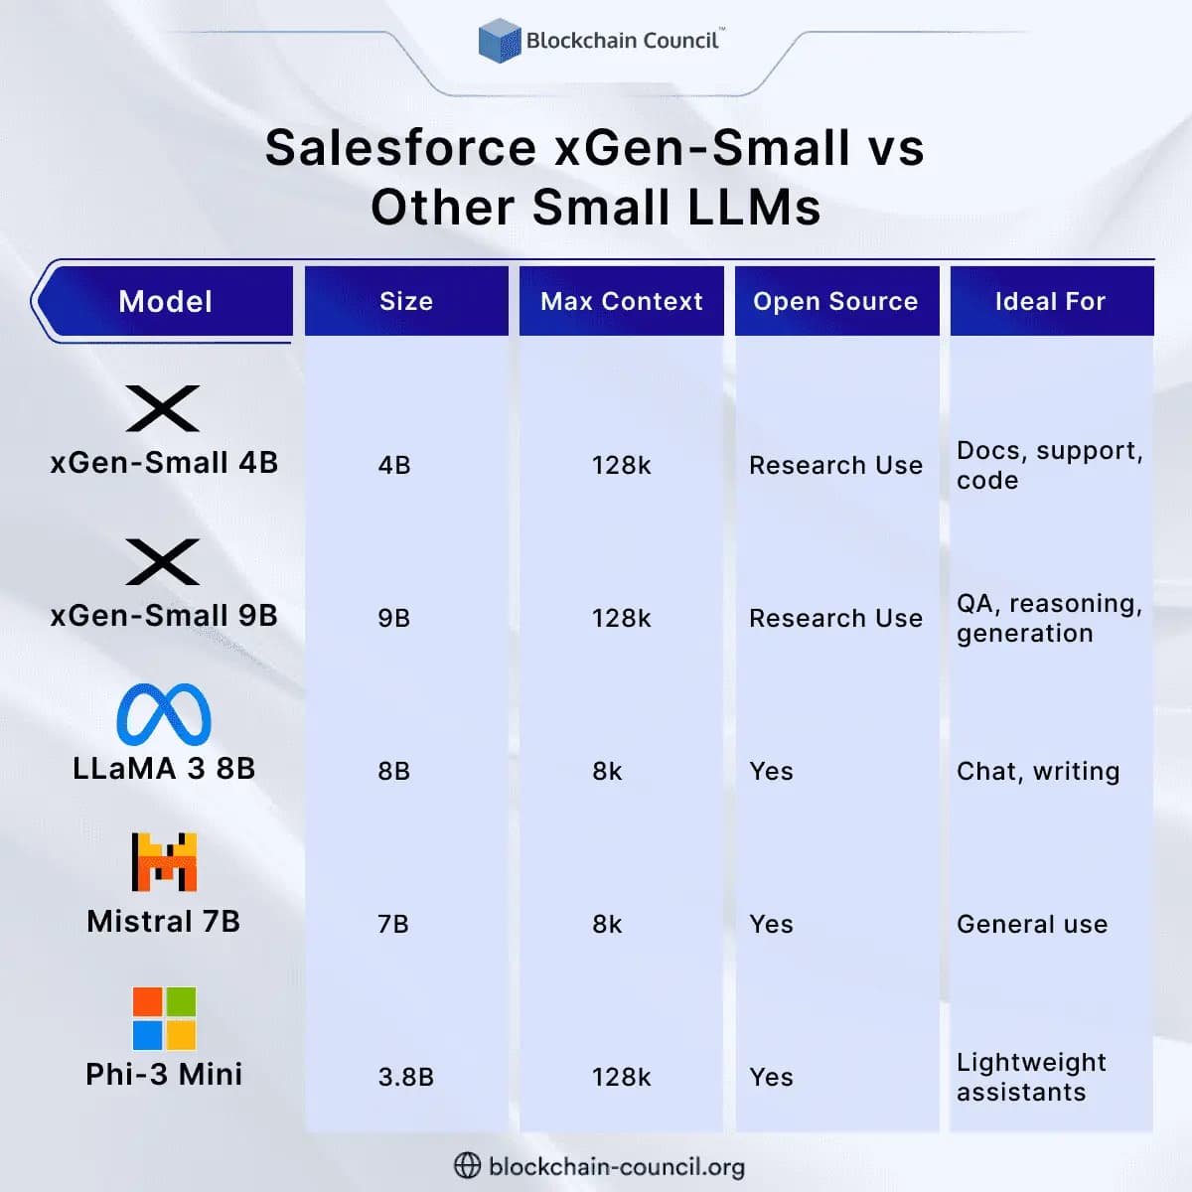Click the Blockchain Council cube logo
pos(499,41)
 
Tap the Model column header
pos(165,301)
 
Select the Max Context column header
pos(621,301)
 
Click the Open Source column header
pos(835,301)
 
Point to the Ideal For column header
pos(1050,301)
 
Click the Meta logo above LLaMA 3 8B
pos(164,714)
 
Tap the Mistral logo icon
pos(164,861)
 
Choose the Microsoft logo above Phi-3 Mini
pos(164,1018)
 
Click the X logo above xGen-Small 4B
pos(163,408)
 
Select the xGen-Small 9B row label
pos(164,616)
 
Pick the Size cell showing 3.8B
pos(405,1077)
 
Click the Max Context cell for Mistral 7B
pos(607,924)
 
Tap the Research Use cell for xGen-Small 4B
pos(835,465)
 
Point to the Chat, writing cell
pos(1038,771)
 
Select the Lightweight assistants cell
pos(1030,1077)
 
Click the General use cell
pos(1032,924)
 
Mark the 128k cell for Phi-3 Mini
pos(621,1077)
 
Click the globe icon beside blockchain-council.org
pos(467,1165)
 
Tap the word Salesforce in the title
pos(400,148)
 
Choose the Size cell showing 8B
pos(394,771)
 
